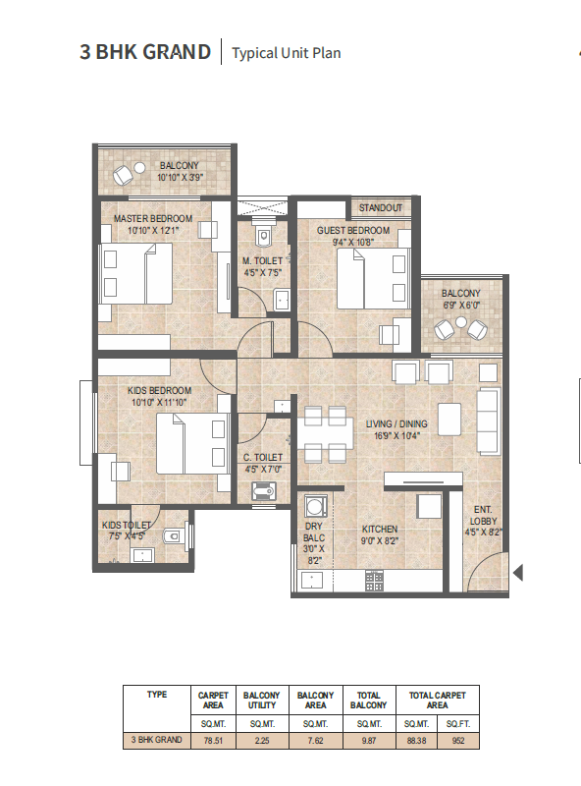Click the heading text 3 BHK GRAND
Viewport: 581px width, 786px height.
coord(144,51)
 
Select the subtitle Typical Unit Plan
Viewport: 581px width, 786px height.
coord(287,53)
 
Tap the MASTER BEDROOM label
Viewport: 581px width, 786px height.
coord(153,218)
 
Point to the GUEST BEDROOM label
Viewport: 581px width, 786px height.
coord(352,231)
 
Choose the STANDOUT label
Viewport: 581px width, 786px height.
coord(380,208)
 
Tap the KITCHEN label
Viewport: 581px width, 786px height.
coord(380,529)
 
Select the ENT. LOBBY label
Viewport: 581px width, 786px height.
coord(481,514)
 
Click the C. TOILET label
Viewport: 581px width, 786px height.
coord(262,458)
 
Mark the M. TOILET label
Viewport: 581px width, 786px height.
coord(262,261)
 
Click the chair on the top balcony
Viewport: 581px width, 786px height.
coord(124,176)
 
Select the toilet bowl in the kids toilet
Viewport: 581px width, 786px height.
coord(174,536)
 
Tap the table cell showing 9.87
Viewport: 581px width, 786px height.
coord(369,739)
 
